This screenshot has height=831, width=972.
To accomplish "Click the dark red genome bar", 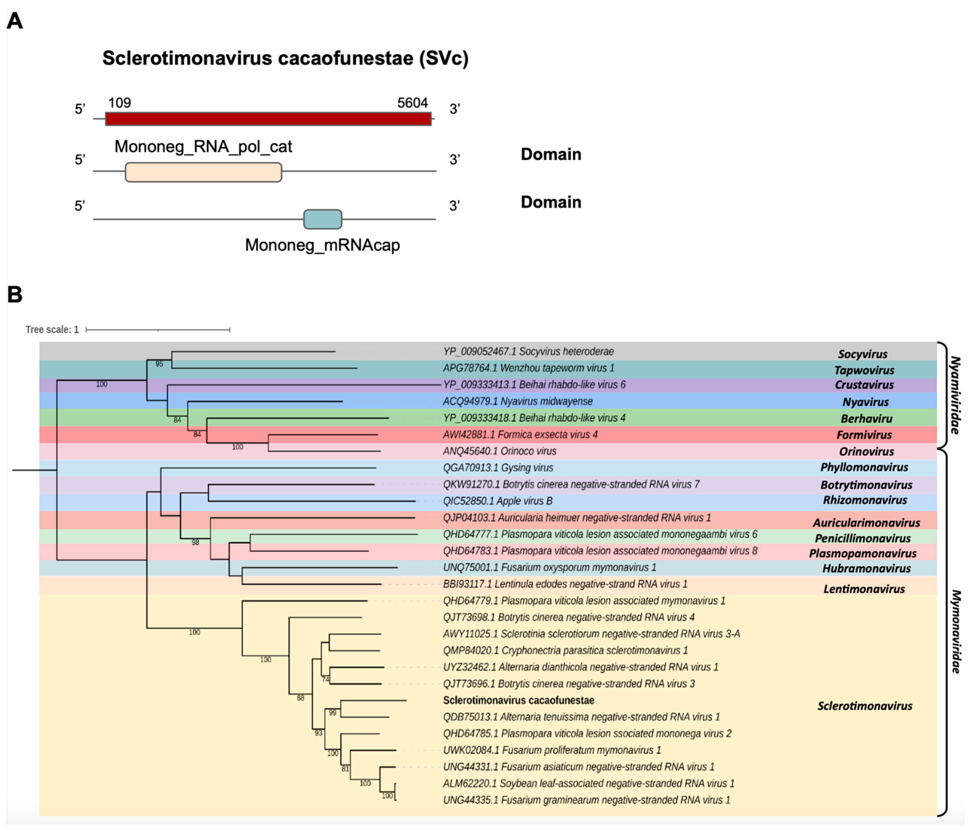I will click(268, 119).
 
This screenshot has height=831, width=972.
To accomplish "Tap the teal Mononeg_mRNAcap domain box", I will click(323, 219).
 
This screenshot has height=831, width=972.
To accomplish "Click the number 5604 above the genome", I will click(412, 103).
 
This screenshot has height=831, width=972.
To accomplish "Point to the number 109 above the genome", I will click(120, 103).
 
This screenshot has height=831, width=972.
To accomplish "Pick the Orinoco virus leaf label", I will click(500, 451).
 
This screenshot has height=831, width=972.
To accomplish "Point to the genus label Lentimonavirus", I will click(864, 589).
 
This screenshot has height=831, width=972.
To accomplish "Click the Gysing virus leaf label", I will click(498, 467).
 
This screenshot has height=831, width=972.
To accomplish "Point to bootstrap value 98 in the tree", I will click(195, 542).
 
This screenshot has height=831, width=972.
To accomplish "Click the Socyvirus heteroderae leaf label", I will click(528, 352).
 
